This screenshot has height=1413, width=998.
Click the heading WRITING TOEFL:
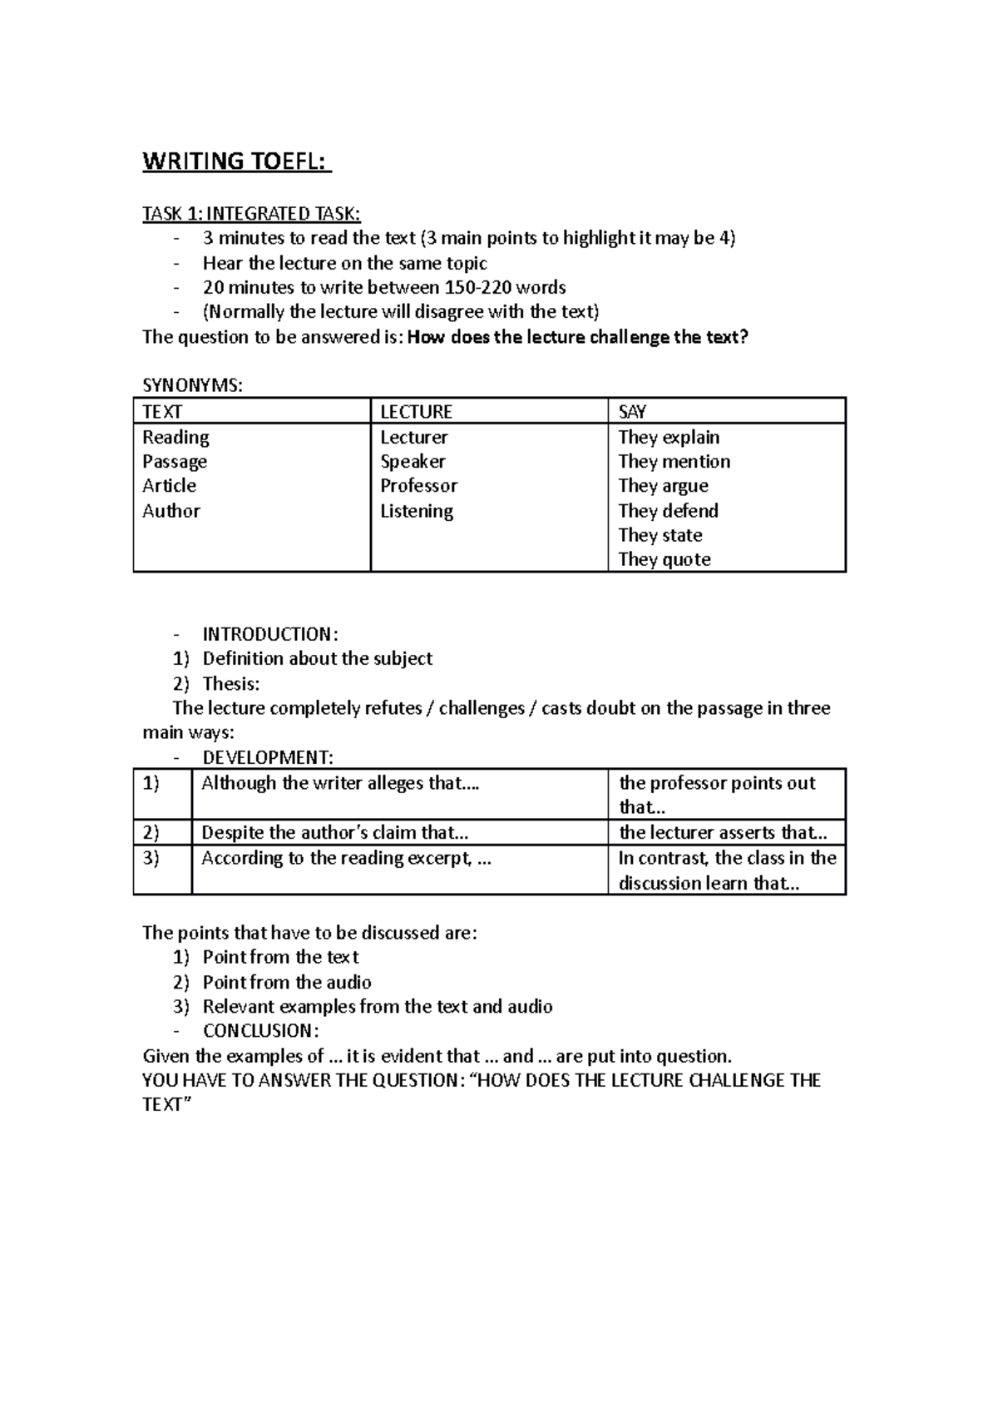pos(237,161)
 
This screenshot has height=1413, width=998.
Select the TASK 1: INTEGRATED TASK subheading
pos(251,214)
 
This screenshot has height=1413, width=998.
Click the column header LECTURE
pos(416,412)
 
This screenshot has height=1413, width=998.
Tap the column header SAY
pos(632,412)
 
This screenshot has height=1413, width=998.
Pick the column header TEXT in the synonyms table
pos(162,412)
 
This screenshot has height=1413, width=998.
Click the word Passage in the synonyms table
pos(175,462)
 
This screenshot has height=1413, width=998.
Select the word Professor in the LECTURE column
pos(418,486)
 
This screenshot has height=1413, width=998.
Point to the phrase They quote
pos(665,559)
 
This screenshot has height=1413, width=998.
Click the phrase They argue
pos(663,486)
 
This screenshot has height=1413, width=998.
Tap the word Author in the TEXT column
pos(171,511)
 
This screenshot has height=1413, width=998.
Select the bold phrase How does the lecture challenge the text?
pos(580,337)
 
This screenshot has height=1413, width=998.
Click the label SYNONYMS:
pos(193,386)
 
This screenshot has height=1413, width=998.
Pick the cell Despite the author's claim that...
pos(335,833)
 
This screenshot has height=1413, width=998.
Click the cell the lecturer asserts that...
pos(723,833)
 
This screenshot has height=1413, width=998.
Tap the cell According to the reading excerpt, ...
pos(346,858)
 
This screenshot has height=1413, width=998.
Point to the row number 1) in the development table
pos(151,783)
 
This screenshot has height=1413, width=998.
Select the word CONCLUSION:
pos(260,1031)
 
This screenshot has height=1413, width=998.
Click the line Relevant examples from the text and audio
pos(378,1007)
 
